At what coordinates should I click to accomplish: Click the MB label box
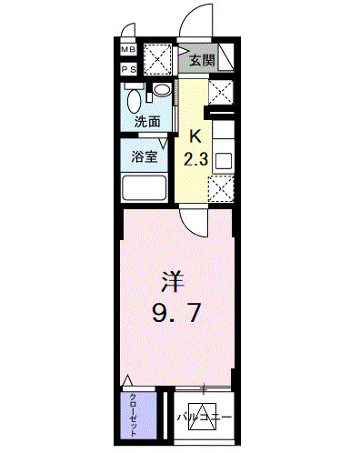pyautogui.click(x=128, y=49)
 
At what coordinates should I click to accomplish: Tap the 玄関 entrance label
pyautogui.click(x=202, y=61)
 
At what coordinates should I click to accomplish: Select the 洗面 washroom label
pyautogui.click(x=147, y=121)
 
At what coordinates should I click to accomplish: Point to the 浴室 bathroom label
pyautogui.click(x=145, y=156)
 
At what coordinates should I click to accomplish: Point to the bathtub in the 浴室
pyautogui.click(x=144, y=189)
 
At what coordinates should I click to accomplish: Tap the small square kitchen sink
pyautogui.click(x=223, y=161)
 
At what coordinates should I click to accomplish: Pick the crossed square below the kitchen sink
pyautogui.click(x=221, y=187)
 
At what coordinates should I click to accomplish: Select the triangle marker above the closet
pyautogui.click(x=129, y=380)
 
